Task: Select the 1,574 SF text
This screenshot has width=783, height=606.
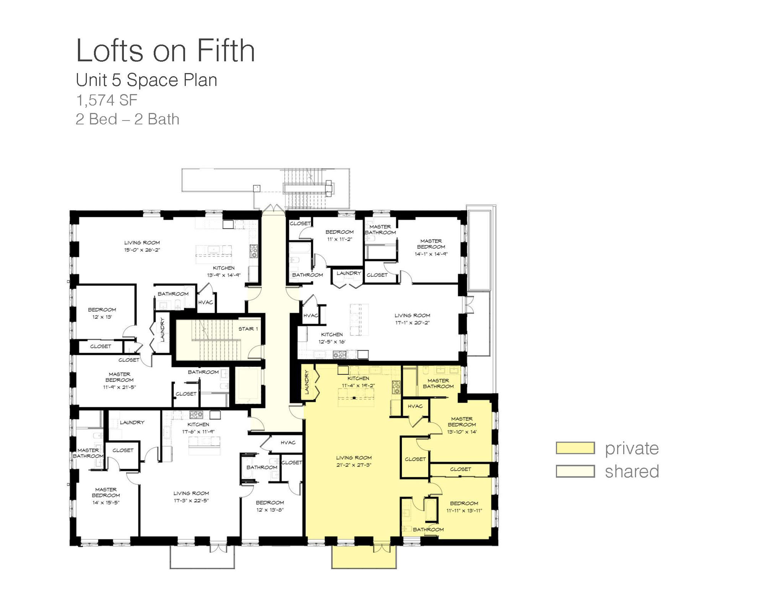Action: [x=107, y=100]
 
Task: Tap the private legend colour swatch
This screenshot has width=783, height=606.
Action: [x=575, y=448]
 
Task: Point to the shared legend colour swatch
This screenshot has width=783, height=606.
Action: [x=575, y=471]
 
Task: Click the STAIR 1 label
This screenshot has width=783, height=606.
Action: [x=248, y=329]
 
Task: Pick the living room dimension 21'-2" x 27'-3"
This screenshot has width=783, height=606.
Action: [x=354, y=465]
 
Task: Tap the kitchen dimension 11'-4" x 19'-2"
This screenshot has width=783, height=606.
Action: [x=358, y=385]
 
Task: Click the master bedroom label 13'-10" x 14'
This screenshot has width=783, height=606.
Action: [x=462, y=432]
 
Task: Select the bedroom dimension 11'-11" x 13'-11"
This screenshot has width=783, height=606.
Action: [x=464, y=510]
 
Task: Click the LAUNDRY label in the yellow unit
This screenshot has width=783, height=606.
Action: [x=307, y=382]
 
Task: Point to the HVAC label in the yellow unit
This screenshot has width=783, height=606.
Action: [x=415, y=406]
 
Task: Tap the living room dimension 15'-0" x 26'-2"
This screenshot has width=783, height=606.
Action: [x=142, y=250]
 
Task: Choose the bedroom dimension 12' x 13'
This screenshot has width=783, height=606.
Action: [x=102, y=317]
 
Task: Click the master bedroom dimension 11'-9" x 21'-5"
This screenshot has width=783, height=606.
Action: [x=119, y=387]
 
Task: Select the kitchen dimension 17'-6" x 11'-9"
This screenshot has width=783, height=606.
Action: [x=198, y=431]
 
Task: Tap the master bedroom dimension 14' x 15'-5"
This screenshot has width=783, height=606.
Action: [x=106, y=502]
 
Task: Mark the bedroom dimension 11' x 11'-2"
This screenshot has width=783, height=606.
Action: [x=340, y=239]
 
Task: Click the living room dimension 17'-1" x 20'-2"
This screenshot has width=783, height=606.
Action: [x=412, y=323]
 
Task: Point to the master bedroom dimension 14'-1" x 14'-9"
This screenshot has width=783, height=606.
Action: [x=431, y=254]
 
